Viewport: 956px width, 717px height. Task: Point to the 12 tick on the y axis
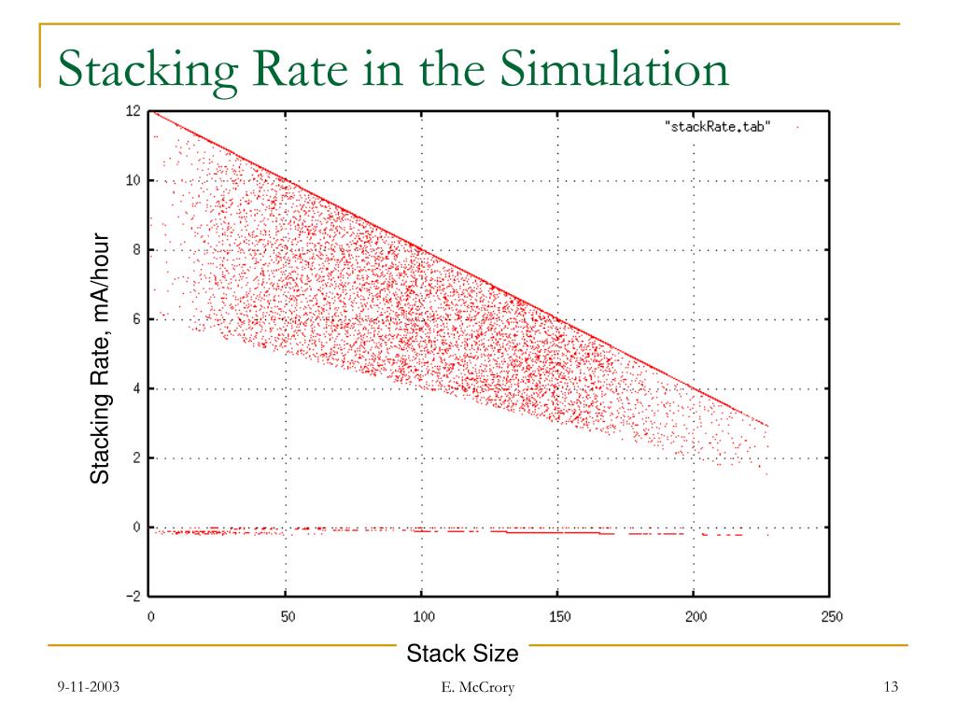[x=134, y=111]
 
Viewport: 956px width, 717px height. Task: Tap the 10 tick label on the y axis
[x=134, y=180]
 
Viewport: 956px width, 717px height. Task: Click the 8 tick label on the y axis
[x=136, y=250]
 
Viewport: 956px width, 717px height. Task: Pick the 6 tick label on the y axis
[x=136, y=319]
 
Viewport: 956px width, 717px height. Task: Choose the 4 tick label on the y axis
[x=136, y=388]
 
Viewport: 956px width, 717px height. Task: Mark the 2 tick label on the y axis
[x=136, y=457]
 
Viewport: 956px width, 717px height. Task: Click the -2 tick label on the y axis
[x=134, y=597]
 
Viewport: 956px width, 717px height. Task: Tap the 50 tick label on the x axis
[x=287, y=617]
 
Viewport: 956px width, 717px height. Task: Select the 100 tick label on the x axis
[x=422, y=617]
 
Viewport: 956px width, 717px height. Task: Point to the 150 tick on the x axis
[x=558, y=617]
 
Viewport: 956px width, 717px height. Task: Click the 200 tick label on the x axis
[x=694, y=617]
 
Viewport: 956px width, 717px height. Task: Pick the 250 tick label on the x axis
[x=830, y=617]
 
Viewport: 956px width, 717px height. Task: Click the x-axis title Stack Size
[x=462, y=654]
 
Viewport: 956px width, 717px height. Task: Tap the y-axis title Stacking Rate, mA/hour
[x=100, y=359]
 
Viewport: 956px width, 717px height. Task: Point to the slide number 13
[x=890, y=689]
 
